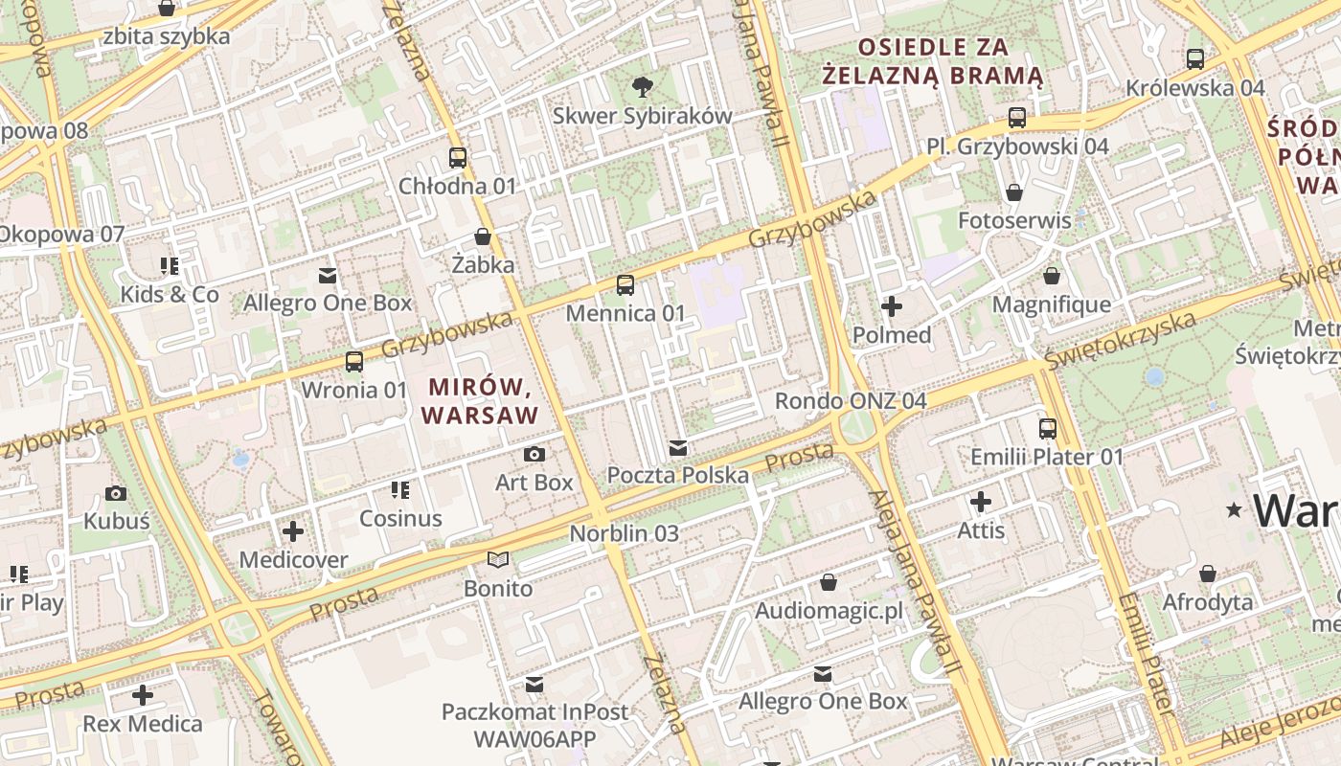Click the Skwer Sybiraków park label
tap(642, 116)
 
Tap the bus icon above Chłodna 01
tap(458, 158)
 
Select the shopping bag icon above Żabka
tap(483, 237)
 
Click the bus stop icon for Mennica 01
tap(625, 284)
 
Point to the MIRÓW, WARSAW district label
tap(479, 401)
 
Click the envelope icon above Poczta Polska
tap(678, 447)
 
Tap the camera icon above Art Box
tap(534, 454)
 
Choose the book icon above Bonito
tap(497, 559)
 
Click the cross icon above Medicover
tap(293, 530)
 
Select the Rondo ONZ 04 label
tap(851, 400)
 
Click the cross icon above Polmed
tap(892, 306)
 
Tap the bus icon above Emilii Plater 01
tap(1048, 428)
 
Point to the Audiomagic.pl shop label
tap(829, 611)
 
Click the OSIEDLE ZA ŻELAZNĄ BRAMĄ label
tap(933, 60)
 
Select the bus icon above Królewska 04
tap(1195, 59)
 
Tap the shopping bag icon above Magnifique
tap(1052, 277)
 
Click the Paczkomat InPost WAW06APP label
tap(534, 725)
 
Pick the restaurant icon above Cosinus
tap(400, 490)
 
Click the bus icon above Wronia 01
tap(354, 362)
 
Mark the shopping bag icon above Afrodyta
tap(1208, 574)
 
